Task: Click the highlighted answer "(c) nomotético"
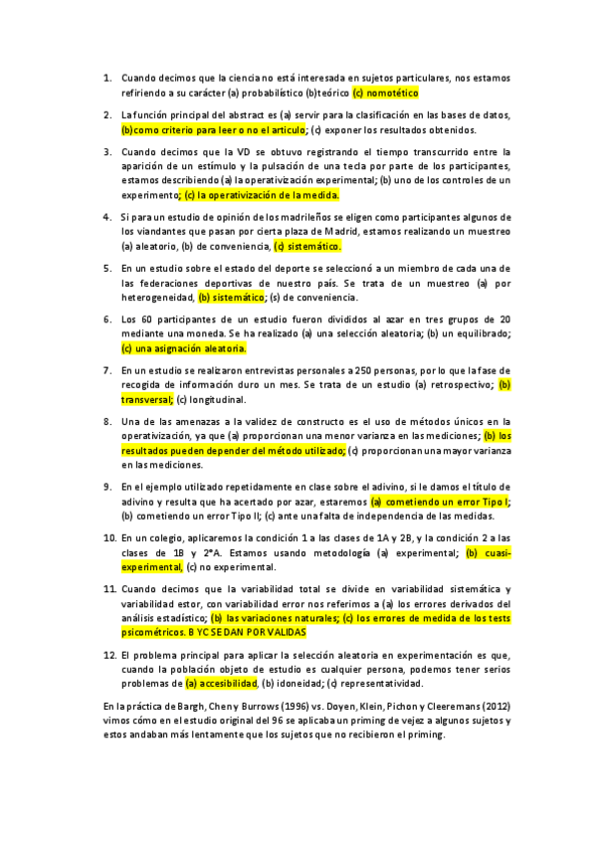pyautogui.click(x=385, y=93)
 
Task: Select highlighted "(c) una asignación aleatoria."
pyautogui.click(x=184, y=349)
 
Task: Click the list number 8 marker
pyautogui.click(x=107, y=421)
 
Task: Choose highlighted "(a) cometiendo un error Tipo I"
pyautogui.click(x=439, y=502)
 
